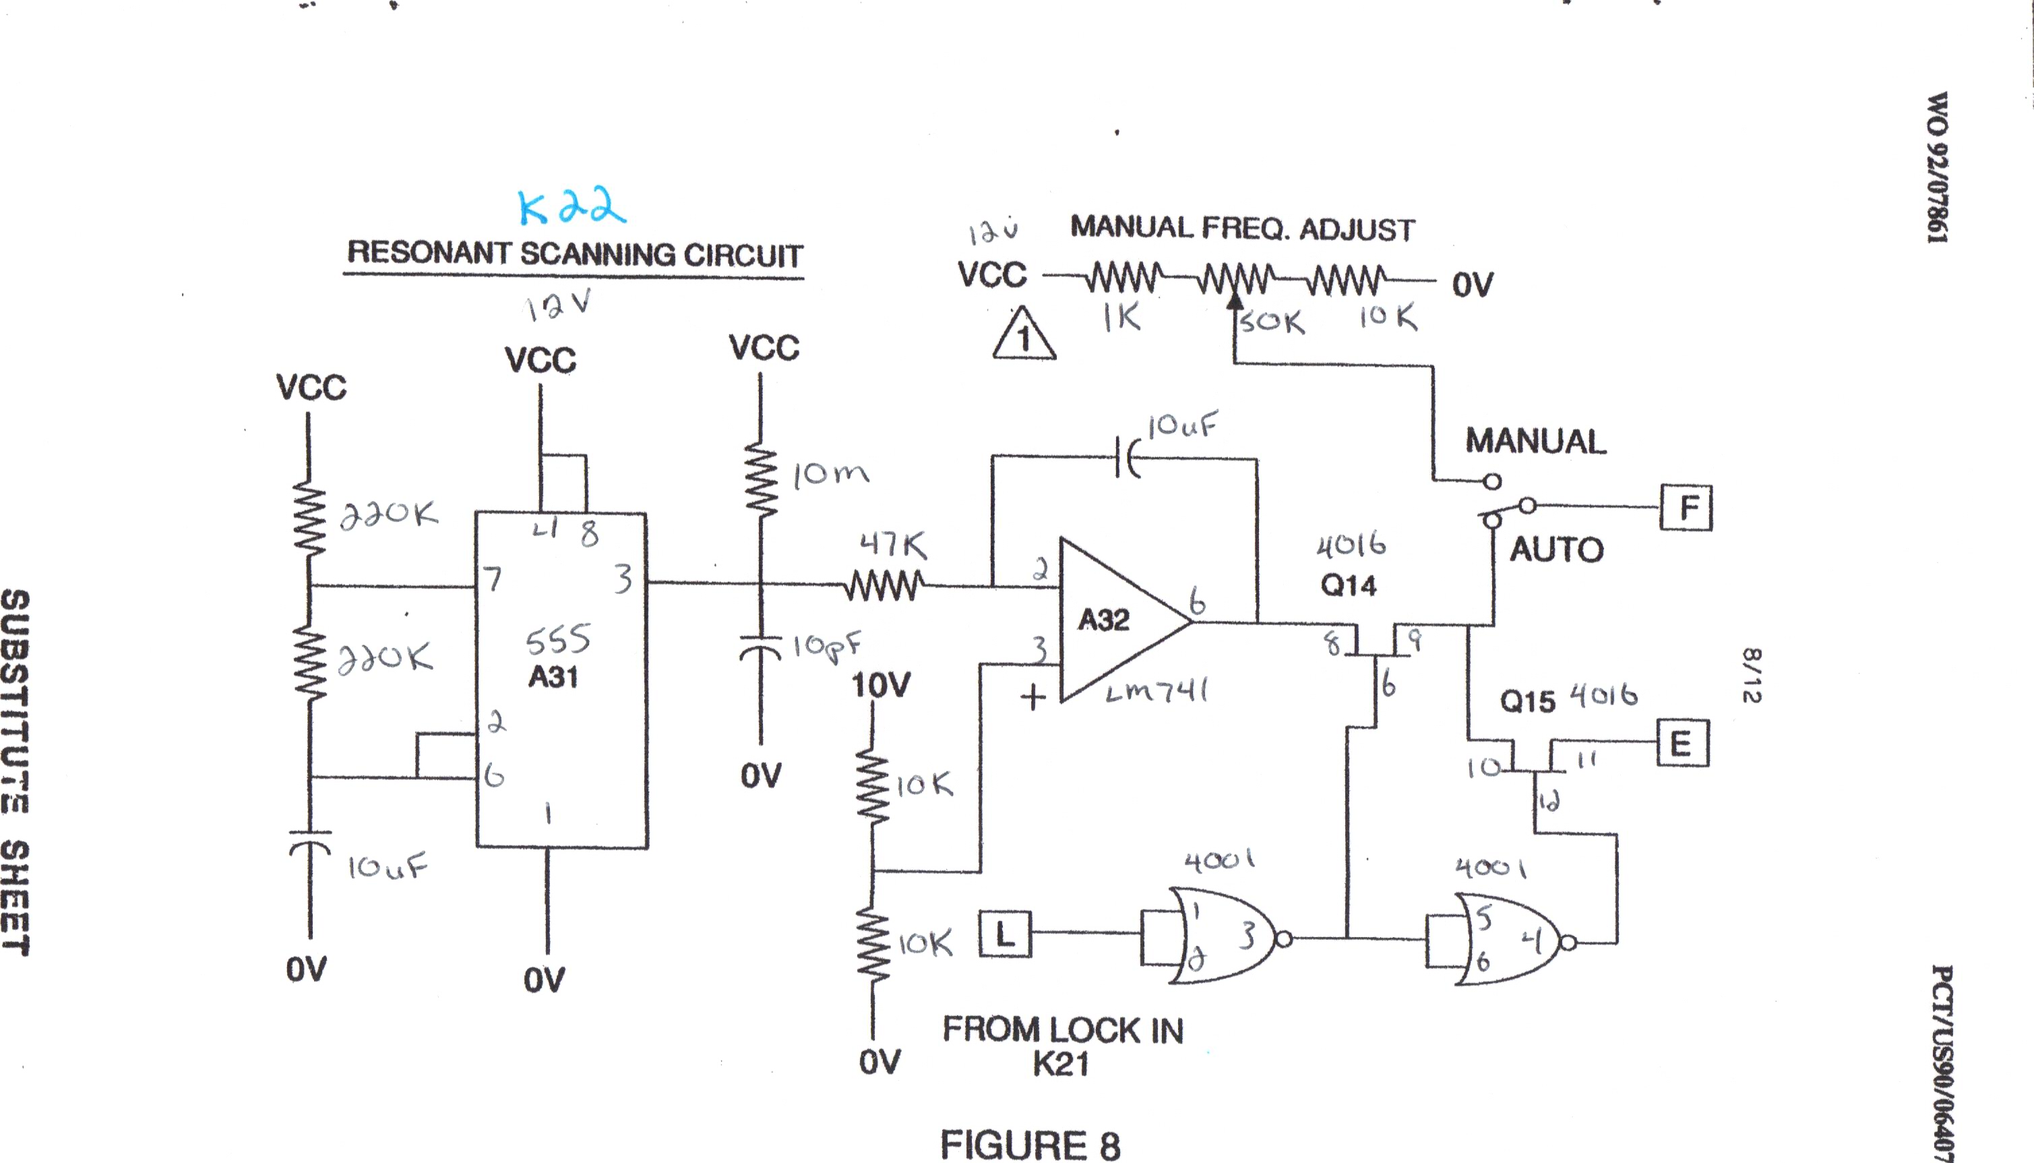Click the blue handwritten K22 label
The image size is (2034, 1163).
(x=572, y=207)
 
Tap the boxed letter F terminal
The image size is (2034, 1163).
(x=1686, y=507)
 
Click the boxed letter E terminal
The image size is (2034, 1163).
(x=1682, y=744)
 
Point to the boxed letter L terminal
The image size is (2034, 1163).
(x=1005, y=934)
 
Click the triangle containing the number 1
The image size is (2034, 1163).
(x=1024, y=336)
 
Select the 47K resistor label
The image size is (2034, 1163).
(x=893, y=545)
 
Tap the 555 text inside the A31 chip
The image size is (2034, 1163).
(x=558, y=640)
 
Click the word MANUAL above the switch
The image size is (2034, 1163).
(x=1535, y=441)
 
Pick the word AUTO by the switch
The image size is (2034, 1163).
(x=1556, y=549)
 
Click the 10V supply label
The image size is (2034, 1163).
(x=880, y=684)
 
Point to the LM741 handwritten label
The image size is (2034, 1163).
(x=1156, y=691)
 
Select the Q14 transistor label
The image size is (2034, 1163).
(x=1349, y=585)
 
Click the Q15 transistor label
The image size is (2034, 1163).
(x=1527, y=701)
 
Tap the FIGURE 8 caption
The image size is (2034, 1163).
(x=1030, y=1144)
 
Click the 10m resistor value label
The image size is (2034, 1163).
(x=830, y=475)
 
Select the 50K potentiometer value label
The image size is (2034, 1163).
(x=1272, y=322)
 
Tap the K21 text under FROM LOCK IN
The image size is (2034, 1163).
(x=1060, y=1064)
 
